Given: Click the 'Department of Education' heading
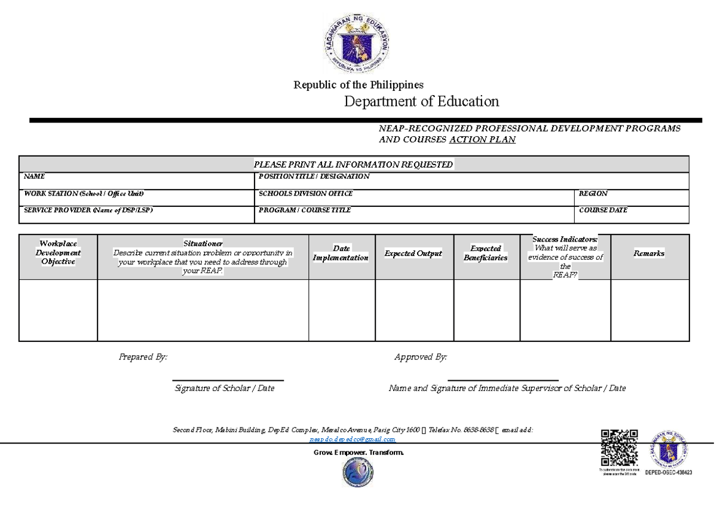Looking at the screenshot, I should tap(421, 102).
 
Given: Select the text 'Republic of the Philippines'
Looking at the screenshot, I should tap(358, 85).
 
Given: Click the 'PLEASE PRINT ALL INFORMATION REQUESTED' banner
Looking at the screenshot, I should tap(354, 164).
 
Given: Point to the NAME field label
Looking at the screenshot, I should tap(34, 177).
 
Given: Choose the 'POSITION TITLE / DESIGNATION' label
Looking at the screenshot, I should tap(314, 177).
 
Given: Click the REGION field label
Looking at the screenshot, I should tap(593, 194).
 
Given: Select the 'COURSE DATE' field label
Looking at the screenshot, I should tap(603, 210).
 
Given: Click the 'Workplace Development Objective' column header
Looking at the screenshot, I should tap(58, 252).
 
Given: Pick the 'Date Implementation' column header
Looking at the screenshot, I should tap(341, 253).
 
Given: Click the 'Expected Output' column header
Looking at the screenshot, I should tap(413, 253).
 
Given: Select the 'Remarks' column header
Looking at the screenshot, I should tap(649, 253).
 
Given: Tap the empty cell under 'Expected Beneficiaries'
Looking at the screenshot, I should tap(486, 310).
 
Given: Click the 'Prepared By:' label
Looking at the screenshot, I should tap(143, 357).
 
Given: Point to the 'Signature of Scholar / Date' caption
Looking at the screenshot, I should tap(224, 389).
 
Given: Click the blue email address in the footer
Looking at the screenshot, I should tap(353, 439).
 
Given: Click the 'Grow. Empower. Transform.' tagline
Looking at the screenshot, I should tap(358, 453).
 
